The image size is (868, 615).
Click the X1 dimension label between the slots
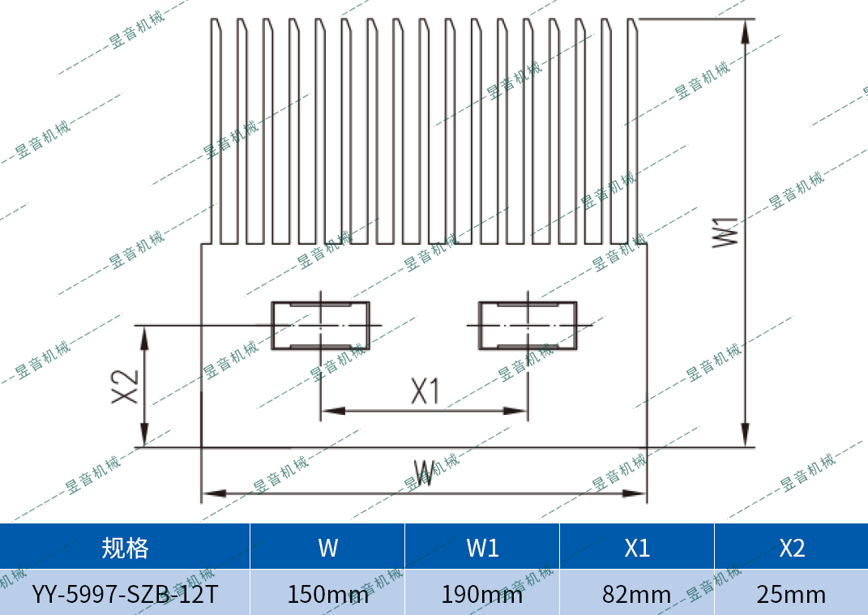[424, 392]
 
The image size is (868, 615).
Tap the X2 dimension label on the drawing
[126, 387]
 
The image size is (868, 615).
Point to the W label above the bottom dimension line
[424, 473]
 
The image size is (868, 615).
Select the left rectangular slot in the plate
[320, 326]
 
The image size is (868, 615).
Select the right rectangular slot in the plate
[528, 326]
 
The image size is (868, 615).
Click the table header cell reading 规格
[125, 548]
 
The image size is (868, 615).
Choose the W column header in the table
[327, 548]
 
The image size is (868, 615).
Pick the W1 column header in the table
[482, 548]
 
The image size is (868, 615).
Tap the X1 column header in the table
[637, 548]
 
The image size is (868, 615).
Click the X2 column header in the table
[791, 548]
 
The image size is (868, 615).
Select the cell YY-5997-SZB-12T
[125, 594]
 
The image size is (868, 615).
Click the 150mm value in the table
[327, 594]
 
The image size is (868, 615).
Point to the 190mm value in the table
[482, 594]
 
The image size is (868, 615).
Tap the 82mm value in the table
[637, 594]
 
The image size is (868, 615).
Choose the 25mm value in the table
[791, 594]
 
